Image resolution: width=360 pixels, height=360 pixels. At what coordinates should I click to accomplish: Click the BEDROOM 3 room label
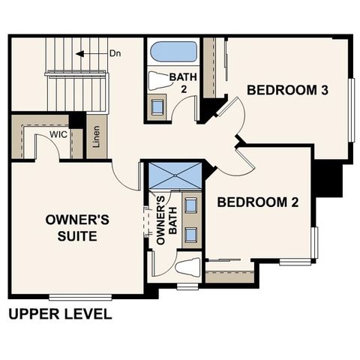[x=288, y=91]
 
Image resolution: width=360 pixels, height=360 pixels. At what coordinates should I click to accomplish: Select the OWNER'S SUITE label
[x=77, y=228]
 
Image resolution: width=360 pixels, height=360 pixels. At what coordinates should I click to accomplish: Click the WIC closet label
[x=58, y=133]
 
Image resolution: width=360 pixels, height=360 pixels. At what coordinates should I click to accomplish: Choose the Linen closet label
[x=95, y=136]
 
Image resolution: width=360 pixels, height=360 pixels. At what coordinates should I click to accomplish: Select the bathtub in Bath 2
[x=173, y=52]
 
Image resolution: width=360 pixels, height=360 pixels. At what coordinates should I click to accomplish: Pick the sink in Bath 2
[x=157, y=106]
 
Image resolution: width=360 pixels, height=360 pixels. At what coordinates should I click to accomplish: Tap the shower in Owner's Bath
[x=175, y=175]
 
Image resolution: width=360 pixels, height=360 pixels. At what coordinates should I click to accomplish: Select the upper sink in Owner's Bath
[x=190, y=206]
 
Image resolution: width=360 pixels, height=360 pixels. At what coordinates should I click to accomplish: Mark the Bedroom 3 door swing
[x=231, y=118]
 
